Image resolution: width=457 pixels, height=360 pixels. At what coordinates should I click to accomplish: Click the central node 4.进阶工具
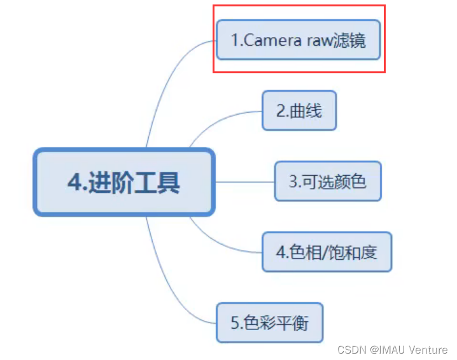click(x=124, y=182)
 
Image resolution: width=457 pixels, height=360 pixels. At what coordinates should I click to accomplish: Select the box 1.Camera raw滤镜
click(x=298, y=40)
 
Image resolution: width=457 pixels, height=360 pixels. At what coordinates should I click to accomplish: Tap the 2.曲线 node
click(x=299, y=111)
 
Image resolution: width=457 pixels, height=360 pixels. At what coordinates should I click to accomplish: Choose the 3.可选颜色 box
click(x=327, y=182)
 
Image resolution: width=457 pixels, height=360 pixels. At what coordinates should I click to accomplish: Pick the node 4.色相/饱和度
click(x=327, y=252)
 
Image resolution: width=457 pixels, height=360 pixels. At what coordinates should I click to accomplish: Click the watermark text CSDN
click(x=350, y=349)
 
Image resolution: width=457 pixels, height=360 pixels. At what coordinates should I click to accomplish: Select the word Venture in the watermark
click(x=428, y=349)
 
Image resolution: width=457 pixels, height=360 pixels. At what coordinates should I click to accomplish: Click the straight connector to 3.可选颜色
click(x=245, y=182)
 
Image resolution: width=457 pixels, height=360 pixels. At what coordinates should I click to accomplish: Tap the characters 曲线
click(x=306, y=111)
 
